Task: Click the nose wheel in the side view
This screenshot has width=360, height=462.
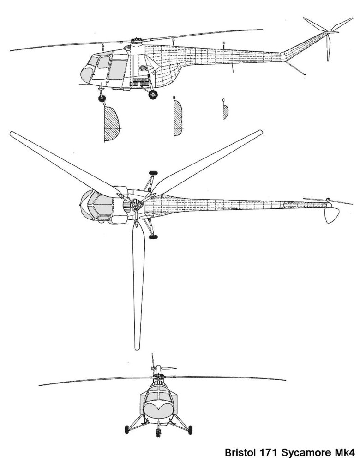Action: click(x=102, y=97)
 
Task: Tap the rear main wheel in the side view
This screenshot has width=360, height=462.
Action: click(x=153, y=94)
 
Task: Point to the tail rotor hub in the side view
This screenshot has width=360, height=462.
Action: click(x=329, y=31)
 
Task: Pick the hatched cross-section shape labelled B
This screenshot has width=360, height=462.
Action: click(x=177, y=117)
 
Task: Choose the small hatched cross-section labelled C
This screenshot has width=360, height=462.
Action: click(x=225, y=111)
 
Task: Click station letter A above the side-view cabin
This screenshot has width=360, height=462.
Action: click(x=104, y=47)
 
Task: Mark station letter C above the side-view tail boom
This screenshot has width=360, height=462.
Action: click(x=224, y=43)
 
